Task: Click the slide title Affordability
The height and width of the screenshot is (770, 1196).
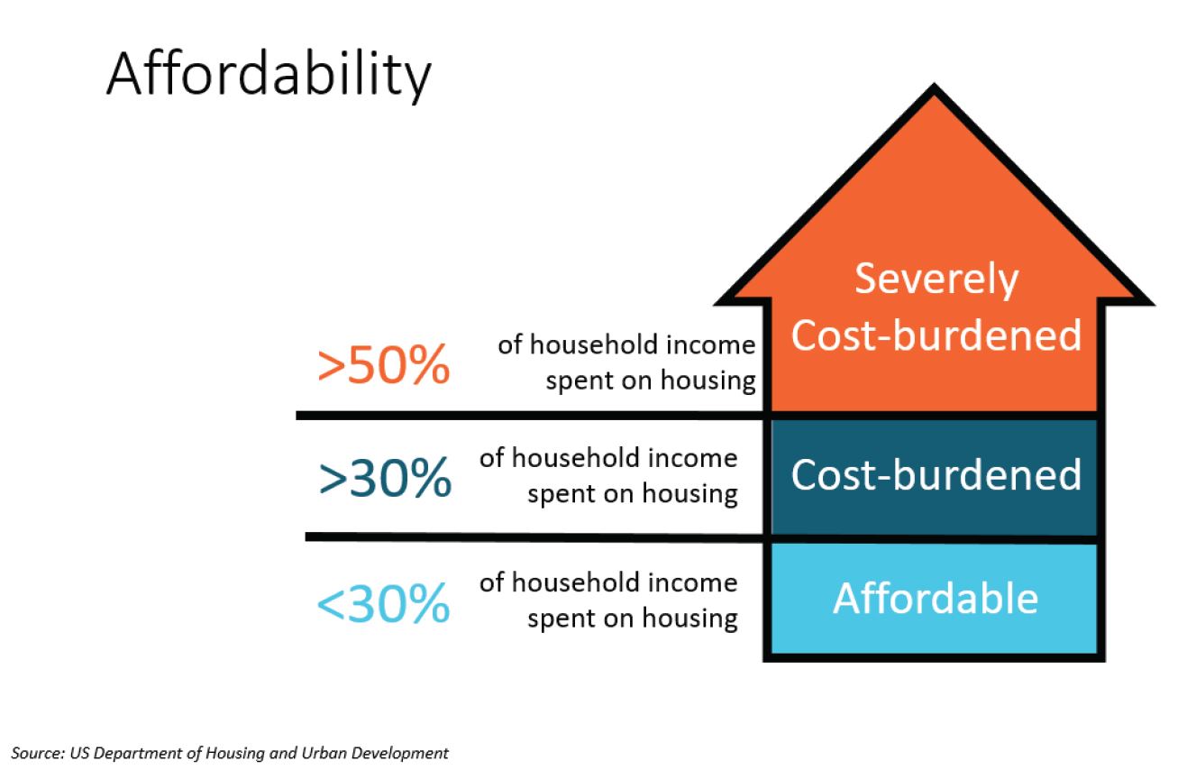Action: click(x=269, y=75)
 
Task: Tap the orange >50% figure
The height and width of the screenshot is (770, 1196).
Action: click(x=383, y=365)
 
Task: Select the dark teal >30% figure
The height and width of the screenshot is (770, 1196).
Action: click(x=384, y=479)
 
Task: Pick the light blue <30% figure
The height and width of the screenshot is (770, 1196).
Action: click(x=383, y=603)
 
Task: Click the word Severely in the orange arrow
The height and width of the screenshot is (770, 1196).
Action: click(x=936, y=279)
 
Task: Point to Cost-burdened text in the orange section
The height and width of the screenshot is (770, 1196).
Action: click(x=936, y=335)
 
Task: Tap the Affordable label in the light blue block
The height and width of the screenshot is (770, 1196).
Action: click(x=936, y=599)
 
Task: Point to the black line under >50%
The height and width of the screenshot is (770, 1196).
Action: click(x=532, y=416)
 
